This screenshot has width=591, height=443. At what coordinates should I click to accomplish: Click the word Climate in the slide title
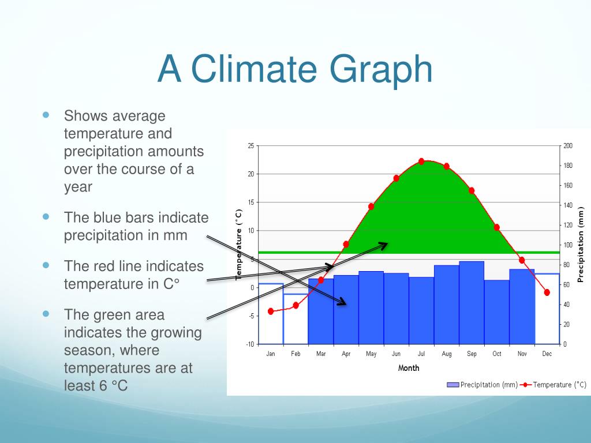[255, 69]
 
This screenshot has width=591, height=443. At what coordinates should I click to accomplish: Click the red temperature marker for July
[421, 162]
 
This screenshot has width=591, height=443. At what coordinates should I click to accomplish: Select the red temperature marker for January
[271, 311]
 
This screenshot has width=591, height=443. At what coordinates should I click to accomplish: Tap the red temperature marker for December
[547, 292]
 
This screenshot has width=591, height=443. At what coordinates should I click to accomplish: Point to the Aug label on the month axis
[447, 354]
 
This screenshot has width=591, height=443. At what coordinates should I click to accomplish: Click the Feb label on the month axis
[295, 354]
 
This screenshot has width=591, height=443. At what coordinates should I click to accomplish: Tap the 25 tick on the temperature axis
[250, 146]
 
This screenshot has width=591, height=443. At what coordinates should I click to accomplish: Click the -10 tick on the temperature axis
[250, 344]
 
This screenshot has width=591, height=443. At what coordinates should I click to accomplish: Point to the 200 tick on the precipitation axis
[568, 146]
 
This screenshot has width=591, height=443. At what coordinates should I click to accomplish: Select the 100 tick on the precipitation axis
[568, 245]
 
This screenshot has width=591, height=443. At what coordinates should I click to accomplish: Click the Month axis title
[409, 368]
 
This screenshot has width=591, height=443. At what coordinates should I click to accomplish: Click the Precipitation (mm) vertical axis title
[581, 245]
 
